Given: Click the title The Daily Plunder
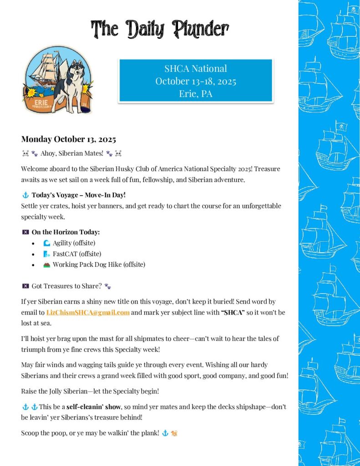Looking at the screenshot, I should [x=159, y=30].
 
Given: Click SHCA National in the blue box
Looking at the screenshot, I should [x=195, y=69].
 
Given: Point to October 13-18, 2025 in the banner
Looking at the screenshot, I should [x=195, y=81].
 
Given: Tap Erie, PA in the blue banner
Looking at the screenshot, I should [x=195, y=94].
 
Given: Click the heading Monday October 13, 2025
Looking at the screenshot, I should [x=68, y=139].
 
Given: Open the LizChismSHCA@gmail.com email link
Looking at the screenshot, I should [x=88, y=312].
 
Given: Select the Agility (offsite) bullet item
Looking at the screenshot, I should [x=74, y=243].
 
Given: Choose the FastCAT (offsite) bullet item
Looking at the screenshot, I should [x=76, y=253].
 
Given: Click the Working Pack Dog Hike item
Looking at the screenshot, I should [x=99, y=264].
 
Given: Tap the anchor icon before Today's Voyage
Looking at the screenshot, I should [x=25, y=195].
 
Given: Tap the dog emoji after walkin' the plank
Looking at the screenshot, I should [x=174, y=433].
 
